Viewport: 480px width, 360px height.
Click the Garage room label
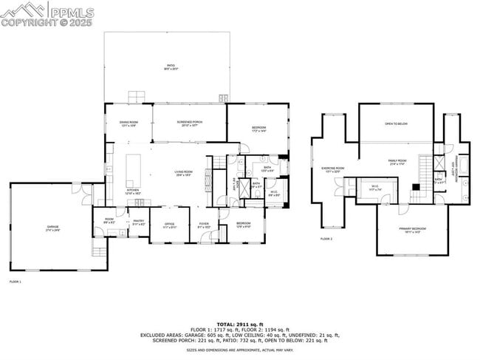53,228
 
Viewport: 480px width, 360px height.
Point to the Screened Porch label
189,123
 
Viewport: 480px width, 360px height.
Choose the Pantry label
138,221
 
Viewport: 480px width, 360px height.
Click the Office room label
169,225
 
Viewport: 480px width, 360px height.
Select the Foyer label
204,225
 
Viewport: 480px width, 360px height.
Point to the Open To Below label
396,124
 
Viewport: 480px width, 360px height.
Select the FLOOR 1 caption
16,282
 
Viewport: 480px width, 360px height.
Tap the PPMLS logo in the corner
47,14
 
